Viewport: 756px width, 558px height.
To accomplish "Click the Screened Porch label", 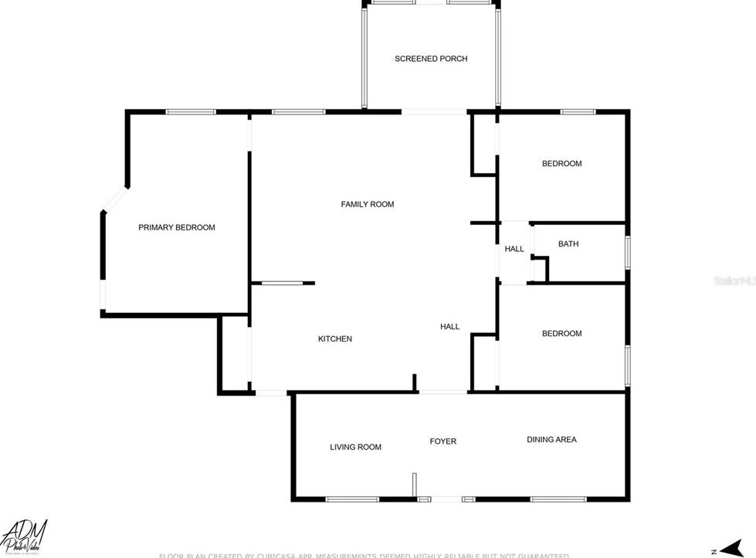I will coord(431,59).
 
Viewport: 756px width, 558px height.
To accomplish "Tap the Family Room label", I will coord(368,205).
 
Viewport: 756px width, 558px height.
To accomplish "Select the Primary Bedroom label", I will coord(177,228).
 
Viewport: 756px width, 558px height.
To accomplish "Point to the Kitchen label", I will coord(335,339).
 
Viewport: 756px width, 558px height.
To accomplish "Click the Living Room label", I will coord(355,447).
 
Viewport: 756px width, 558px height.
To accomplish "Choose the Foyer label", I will coord(443,442).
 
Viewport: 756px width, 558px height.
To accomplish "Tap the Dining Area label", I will coord(551,440).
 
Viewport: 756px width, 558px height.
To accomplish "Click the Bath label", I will coord(568,244).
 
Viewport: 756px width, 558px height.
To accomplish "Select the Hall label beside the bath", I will coord(514,249).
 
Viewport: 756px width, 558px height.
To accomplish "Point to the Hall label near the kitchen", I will coord(449,327).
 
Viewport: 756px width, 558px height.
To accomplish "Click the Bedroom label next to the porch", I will coord(561,164).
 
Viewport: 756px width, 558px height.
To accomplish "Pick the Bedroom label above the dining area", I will coord(561,334).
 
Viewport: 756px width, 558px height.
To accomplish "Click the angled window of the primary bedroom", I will coord(115,199).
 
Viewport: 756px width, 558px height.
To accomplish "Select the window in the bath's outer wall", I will coord(628,253).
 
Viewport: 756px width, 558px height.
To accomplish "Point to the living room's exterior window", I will coord(351,499).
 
